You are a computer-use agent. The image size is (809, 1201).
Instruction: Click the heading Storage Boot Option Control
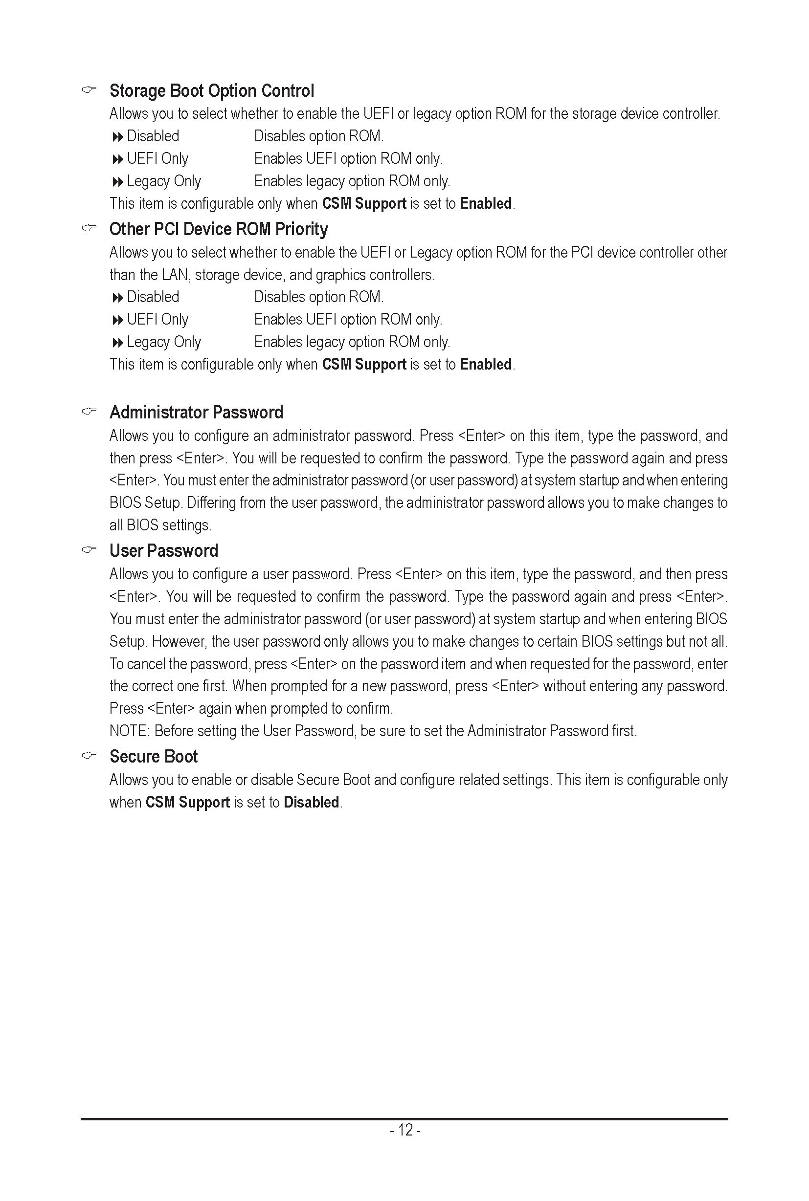(x=211, y=91)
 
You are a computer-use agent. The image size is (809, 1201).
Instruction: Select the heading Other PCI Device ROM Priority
(x=218, y=229)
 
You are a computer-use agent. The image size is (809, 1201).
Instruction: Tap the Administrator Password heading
(x=196, y=413)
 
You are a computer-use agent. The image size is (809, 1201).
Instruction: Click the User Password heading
(x=163, y=551)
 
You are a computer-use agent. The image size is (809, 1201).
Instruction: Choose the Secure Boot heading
(x=153, y=757)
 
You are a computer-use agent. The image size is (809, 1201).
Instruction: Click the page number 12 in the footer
(x=405, y=1130)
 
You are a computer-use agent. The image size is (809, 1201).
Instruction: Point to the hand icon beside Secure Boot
(x=89, y=756)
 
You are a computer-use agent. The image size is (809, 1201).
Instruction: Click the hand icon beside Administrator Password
(x=89, y=411)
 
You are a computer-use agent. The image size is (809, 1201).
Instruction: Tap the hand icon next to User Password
(x=89, y=550)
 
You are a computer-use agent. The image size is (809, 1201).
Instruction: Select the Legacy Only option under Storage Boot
(x=163, y=181)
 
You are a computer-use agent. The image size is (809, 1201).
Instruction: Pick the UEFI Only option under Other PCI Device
(x=157, y=320)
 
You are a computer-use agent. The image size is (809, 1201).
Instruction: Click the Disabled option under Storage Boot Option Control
(x=153, y=136)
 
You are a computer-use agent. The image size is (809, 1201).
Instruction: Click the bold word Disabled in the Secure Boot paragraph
(x=311, y=803)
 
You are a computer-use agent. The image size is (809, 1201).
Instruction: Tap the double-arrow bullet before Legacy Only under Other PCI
(x=118, y=342)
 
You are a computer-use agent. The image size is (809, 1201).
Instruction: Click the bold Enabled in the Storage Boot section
(x=486, y=204)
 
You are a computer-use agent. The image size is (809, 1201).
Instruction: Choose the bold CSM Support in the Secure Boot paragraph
(x=187, y=803)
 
